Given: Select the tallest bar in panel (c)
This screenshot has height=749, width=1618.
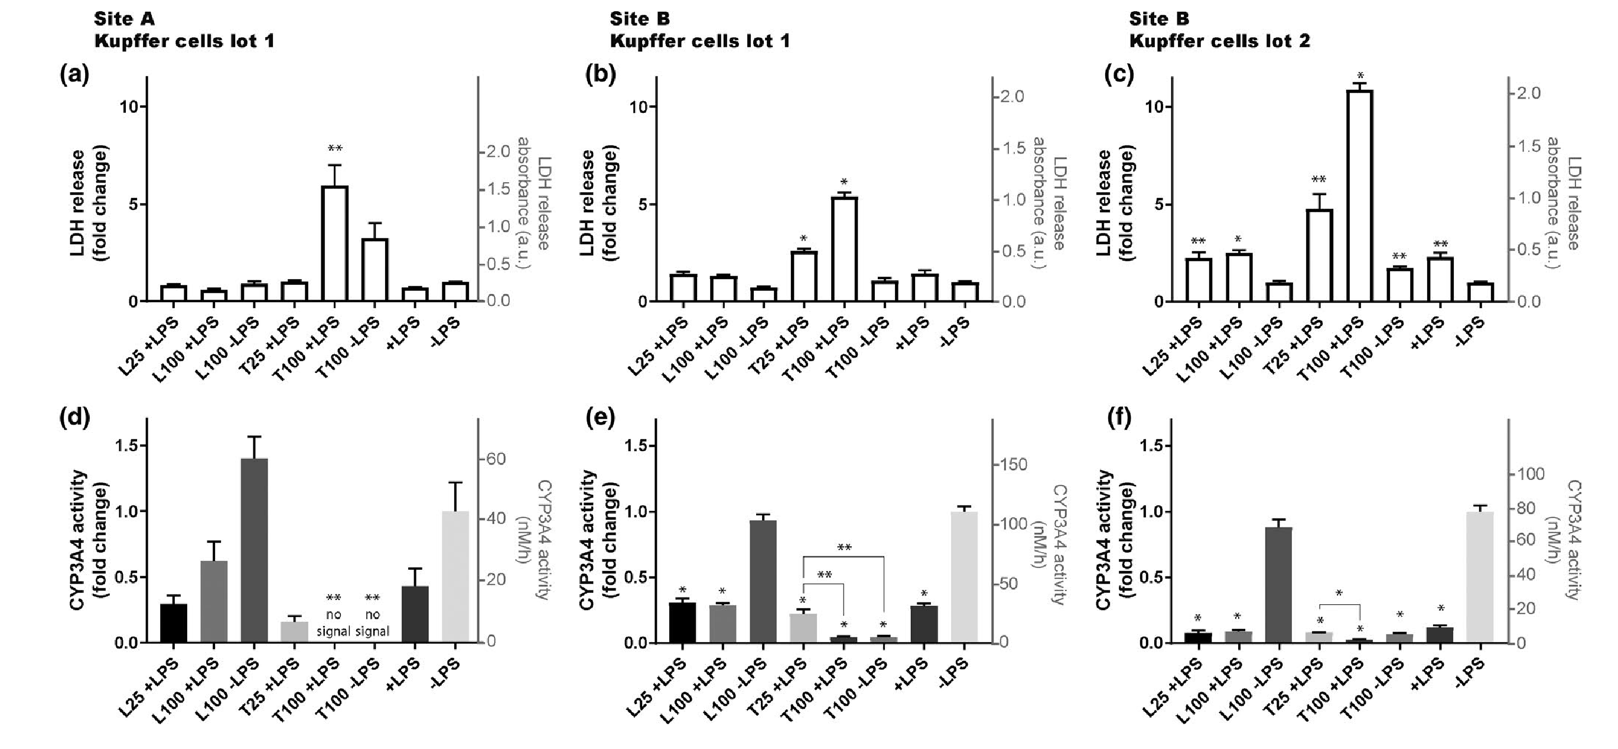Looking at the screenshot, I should (x=1359, y=196).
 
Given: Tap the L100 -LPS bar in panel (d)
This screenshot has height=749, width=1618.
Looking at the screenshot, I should (x=254, y=550).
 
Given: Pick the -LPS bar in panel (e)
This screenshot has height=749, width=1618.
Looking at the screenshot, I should (x=964, y=577).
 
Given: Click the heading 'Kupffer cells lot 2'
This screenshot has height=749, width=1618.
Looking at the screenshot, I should (x=1220, y=41).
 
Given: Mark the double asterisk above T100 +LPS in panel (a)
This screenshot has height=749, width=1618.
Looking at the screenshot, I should (x=335, y=149).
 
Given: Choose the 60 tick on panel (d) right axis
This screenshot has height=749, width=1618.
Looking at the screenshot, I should (x=496, y=459).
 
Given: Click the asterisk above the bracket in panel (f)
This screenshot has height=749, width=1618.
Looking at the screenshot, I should (x=1339, y=593).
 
